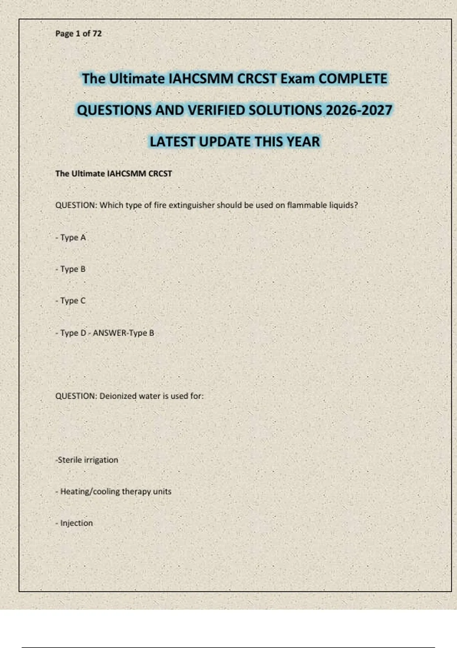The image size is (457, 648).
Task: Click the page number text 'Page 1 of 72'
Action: pos(78,34)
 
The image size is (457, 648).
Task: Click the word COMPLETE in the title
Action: pos(353,79)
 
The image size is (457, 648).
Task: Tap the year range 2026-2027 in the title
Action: pos(359,111)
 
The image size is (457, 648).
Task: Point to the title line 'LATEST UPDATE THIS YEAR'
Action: pos(235,142)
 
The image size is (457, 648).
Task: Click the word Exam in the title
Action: pos(297,79)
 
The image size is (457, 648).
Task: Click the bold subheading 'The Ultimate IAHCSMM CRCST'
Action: pos(113,174)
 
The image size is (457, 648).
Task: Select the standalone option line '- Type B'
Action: pos(70,269)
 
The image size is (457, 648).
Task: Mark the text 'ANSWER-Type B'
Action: pos(123,333)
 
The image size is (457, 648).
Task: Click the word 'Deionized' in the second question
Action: pos(118,396)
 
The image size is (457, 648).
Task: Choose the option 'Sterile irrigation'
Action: pos(87,460)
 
